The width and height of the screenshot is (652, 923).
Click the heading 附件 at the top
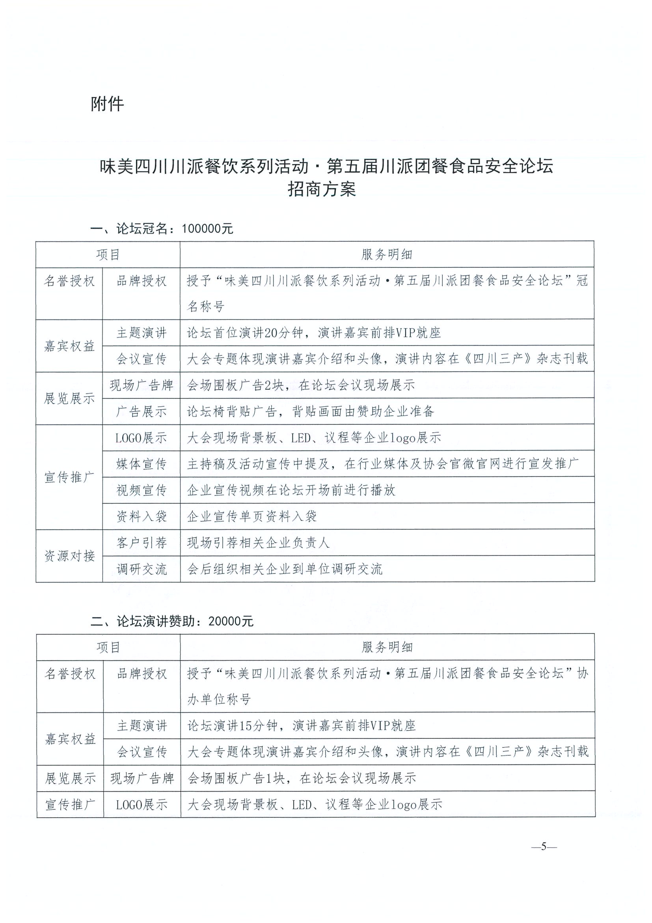coord(107,105)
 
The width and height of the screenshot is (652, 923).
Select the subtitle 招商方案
coord(321,189)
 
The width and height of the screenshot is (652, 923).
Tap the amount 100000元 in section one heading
coord(207,229)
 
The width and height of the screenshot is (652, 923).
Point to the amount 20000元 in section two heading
coord(231,621)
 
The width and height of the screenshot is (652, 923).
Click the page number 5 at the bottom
coord(544,846)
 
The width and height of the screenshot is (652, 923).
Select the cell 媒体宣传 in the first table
coord(142,464)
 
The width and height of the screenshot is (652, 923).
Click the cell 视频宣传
coord(142,490)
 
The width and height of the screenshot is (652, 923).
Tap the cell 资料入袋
coord(142,516)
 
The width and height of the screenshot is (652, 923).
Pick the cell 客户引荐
coord(142,543)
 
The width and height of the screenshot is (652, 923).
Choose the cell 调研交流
coord(142,569)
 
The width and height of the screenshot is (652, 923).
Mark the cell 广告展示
coord(142,412)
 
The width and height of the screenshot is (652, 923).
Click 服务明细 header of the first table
coord(387,254)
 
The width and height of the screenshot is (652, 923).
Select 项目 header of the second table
coord(108,647)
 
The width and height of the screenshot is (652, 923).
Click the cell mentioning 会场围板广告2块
coord(301,385)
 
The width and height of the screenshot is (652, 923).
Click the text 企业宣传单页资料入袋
coord(252,516)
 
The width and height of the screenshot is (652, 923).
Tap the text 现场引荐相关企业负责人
coord(258,543)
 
